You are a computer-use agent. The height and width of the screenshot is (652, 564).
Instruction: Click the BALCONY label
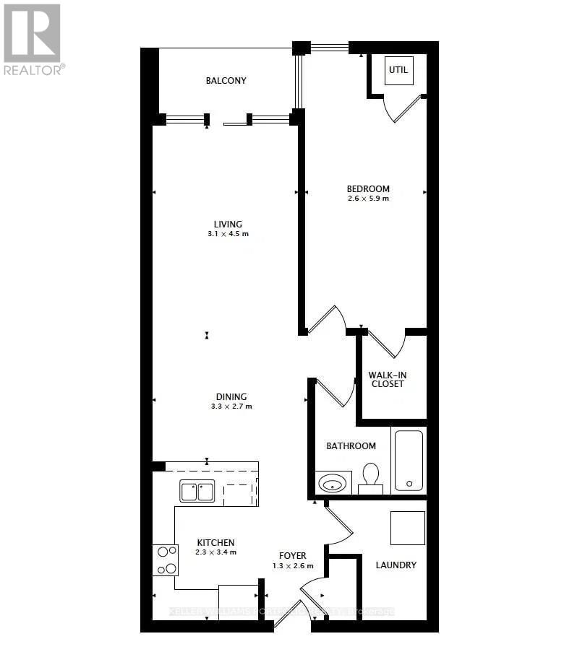[x=226, y=80]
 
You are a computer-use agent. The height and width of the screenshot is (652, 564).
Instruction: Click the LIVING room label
[x=228, y=224]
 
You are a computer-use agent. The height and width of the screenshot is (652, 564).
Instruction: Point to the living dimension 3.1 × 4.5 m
[x=228, y=234]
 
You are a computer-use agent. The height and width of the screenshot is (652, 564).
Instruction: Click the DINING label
[x=231, y=396]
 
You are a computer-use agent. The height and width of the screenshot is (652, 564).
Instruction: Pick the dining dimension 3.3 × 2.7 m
[x=231, y=407]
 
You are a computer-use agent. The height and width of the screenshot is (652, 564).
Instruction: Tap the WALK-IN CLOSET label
[x=386, y=379]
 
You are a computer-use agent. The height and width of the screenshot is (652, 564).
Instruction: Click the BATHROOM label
[x=351, y=446]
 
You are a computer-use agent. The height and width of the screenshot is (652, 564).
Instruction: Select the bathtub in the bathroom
[x=409, y=460]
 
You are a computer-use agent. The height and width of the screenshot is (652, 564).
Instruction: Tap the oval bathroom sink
[x=333, y=482]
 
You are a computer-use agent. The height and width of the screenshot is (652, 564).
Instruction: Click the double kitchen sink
[x=197, y=492]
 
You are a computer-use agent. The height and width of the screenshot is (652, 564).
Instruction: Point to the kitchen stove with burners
[x=166, y=560]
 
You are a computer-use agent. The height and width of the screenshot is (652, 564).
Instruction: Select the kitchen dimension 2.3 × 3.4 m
[x=215, y=552]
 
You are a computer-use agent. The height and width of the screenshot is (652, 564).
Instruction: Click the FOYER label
[x=293, y=555]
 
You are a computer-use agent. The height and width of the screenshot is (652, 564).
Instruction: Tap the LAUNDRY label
[x=396, y=565]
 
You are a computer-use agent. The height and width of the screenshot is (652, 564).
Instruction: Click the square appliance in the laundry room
[x=407, y=528]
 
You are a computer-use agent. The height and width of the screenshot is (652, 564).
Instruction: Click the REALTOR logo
[x=33, y=40]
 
